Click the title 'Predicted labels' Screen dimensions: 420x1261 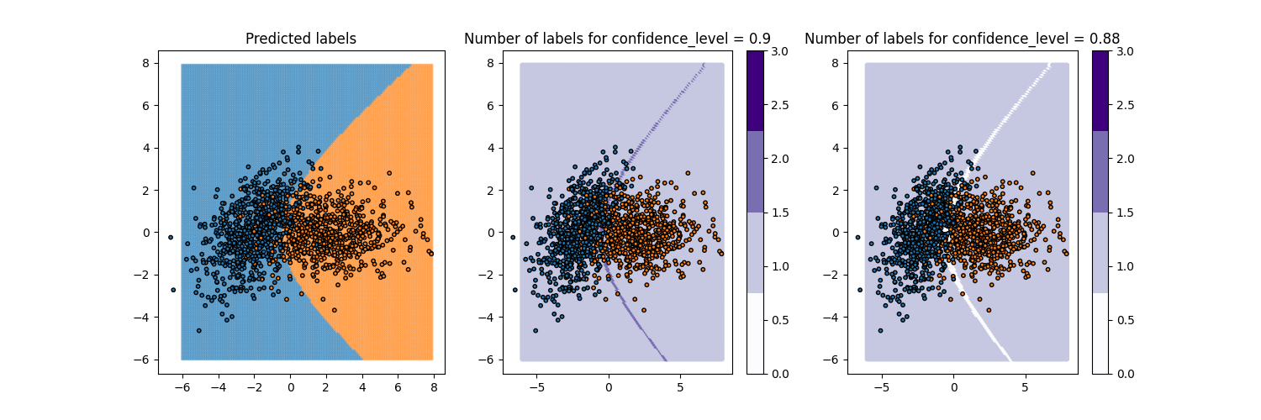pyautogui.click(x=301, y=39)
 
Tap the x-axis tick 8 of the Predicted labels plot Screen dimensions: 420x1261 pyautogui.click(x=434, y=388)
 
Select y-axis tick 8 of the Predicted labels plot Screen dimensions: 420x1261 pyautogui.click(x=145, y=63)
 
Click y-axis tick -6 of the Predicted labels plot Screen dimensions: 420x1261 pyautogui.click(x=142, y=360)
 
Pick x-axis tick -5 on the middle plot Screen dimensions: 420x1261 pyautogui.click(x=536, y=388)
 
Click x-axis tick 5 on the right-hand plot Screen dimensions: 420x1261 pyautogui.click(x=1025, y=388)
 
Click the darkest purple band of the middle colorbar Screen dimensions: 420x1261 pyautogui.click(x=755, y=91)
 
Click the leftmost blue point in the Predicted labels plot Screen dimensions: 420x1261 pyautogui.click(x=170, y=238)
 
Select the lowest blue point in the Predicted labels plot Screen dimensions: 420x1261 pyautogui.click(x=199, y=330)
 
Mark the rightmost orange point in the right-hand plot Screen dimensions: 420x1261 pyautogui.click(x=1067, y=253)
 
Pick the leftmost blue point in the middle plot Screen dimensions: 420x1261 pyautogui.click(x=513, y=238)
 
